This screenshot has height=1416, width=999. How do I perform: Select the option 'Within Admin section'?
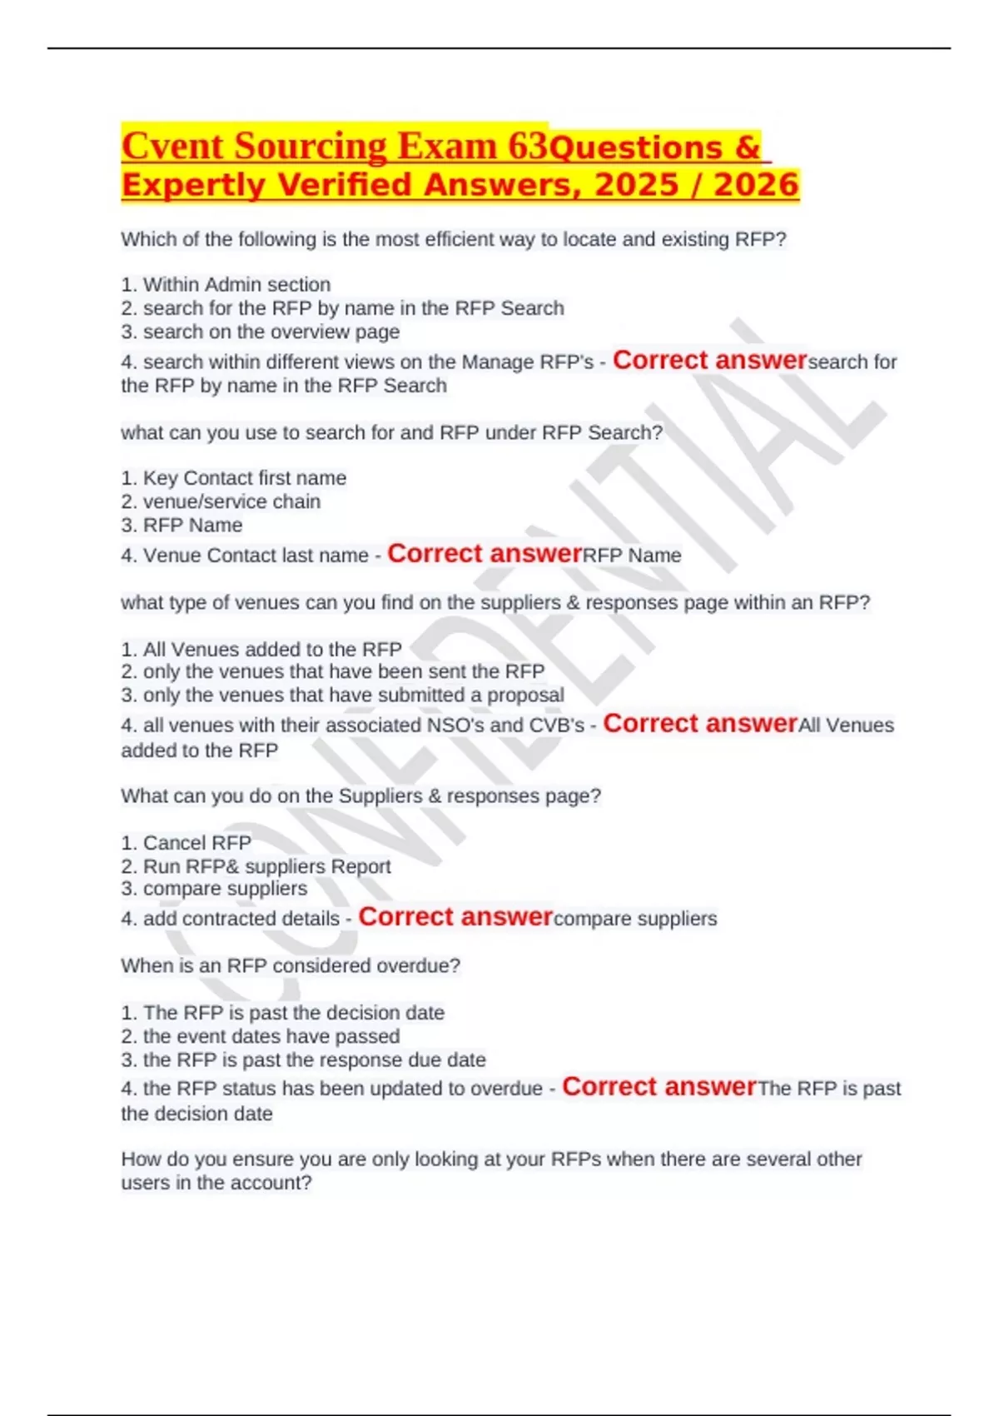(x=226, y=285)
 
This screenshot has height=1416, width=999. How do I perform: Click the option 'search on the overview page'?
(x=260, y=332)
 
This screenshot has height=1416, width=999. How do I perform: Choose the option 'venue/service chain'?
(x=221, y=501)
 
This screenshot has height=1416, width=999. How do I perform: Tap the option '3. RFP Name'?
(x=181, y=526)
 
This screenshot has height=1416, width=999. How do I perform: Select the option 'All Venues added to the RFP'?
(x=261, y=649)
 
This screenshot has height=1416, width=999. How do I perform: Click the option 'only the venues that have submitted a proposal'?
(x=342, y=695)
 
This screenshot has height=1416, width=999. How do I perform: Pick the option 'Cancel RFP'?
(x=186, y=843)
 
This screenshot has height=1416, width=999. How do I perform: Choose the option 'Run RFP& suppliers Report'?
(x=256, y=866)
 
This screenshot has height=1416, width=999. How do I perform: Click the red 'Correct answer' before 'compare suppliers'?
(x=455, y=917)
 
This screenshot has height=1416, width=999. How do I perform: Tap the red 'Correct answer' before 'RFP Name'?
(x=485, y=554)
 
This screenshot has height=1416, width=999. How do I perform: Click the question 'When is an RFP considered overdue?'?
(x=291, y=966)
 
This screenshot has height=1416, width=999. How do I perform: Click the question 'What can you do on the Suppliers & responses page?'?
(x=360, y=796)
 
